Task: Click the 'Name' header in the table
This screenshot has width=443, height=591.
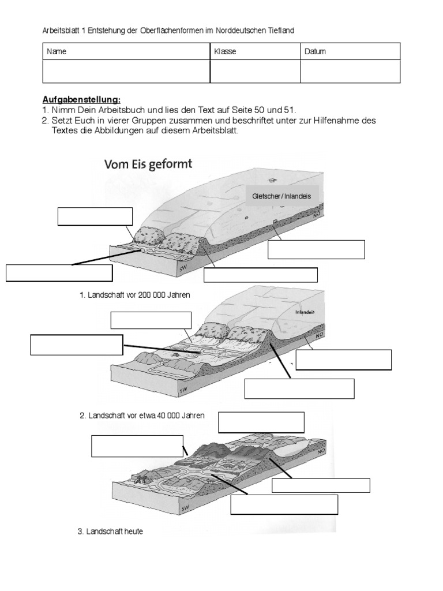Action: click(57, 52)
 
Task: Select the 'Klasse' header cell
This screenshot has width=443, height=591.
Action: click(225, 52)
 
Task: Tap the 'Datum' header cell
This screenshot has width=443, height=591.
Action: click(316, 52)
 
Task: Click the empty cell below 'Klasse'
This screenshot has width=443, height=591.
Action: click(254, 72)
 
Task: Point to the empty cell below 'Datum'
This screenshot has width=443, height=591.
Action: click(350, 72)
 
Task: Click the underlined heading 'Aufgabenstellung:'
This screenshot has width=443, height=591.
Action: click(81, 100)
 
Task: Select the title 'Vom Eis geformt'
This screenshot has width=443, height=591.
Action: click(148, 164)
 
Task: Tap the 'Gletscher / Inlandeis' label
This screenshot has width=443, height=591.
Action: click(281, 196)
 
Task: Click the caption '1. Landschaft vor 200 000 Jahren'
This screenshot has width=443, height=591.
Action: click(135, 294)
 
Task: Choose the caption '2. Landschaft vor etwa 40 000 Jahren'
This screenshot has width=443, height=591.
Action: click(142, 415)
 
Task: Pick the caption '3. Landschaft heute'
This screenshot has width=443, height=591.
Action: click(110, 531)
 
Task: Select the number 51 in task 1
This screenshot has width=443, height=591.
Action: click(292, 109)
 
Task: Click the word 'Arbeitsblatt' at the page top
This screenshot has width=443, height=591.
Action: click(62, 30)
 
